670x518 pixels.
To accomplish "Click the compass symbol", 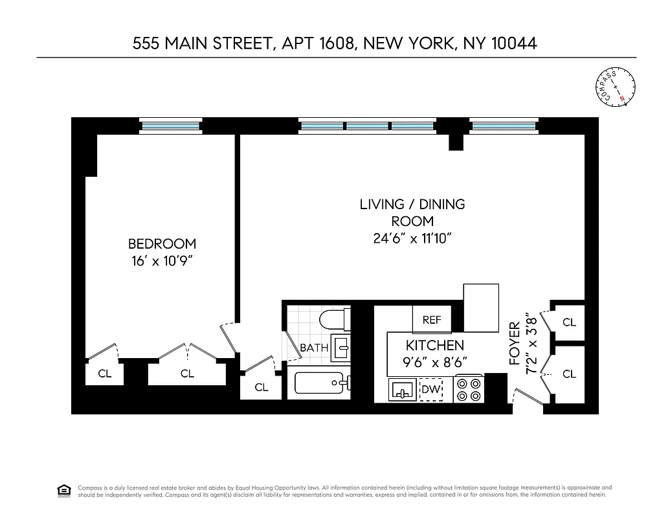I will tap(616, 86).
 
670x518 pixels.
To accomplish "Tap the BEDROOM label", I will tap(162, 243).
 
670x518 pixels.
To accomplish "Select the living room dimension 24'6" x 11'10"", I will tap(412, 238).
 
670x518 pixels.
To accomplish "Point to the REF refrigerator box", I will tap(432, 320).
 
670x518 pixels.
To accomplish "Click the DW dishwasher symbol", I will tap(430, 390).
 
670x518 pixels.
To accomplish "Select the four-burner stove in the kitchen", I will tap(469, 389).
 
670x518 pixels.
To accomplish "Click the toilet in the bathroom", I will tap(335, 320).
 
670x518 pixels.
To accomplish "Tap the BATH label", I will tap(314, 348).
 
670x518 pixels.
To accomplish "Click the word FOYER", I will tap(515, 343).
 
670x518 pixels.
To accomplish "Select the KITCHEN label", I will tap(435, 345).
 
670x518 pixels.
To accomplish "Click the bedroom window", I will tap(171, 126).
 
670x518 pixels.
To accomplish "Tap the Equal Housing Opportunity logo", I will tap(63, 490).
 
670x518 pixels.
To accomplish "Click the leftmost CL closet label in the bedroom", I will tap(104, 374).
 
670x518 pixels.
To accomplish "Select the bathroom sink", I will tap(341, 348).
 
